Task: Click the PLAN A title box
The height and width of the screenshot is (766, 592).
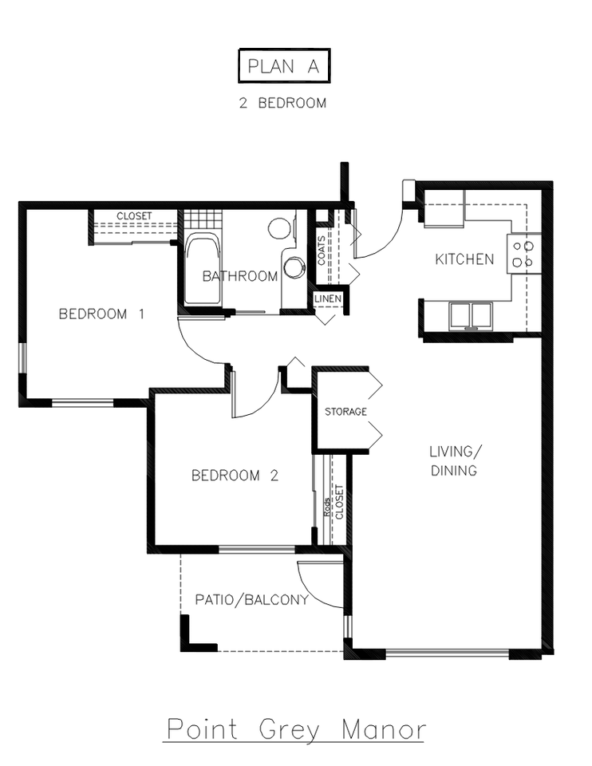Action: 283,67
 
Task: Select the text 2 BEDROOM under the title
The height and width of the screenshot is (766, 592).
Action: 283,103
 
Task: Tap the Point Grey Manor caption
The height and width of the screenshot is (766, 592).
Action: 294,729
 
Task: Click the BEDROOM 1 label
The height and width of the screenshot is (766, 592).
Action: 101,314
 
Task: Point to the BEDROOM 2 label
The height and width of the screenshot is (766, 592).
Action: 235,476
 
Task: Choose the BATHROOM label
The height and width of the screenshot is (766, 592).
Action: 239,277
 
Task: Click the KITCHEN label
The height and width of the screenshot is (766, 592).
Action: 464,259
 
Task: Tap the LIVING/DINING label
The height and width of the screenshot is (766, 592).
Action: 454,460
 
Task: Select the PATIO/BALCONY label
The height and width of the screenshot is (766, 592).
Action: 251,600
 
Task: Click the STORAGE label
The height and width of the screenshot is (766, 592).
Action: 345,412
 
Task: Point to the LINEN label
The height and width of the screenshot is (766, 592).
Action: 328,298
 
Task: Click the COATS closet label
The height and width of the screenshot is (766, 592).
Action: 321,250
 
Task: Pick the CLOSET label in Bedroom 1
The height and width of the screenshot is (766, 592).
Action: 134,216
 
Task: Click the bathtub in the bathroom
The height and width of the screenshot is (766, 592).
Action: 203,270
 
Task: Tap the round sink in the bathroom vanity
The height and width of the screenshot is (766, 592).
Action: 294,267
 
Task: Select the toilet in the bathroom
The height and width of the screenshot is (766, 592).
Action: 279,228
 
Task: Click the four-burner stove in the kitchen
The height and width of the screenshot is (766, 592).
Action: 523,253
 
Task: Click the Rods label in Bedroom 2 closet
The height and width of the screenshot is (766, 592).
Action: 328,507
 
